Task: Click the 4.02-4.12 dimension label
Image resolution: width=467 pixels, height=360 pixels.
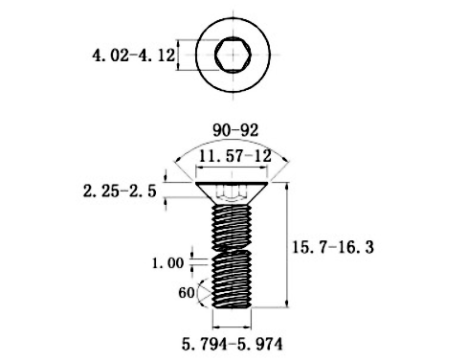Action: [x=134, y=56]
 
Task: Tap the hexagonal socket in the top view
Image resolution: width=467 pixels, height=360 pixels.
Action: [x=233, y=55]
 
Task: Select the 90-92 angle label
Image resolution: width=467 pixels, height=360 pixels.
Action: [x=235, y=130]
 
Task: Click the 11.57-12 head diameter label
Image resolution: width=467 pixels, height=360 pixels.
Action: [x=234, y=156]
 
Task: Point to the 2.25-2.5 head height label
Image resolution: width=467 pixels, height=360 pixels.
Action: [x=120, y=191]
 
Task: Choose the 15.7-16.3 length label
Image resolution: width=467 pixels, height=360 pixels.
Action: [x=333, y=247]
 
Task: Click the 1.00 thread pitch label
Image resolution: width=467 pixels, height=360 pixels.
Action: [x=167, y=263]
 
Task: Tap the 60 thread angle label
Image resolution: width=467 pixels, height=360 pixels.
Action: [x=187, y=293]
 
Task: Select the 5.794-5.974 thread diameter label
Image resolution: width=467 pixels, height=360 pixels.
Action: [x=233, y=345]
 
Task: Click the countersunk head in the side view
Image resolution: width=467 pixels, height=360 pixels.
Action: [x=232, y=192]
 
